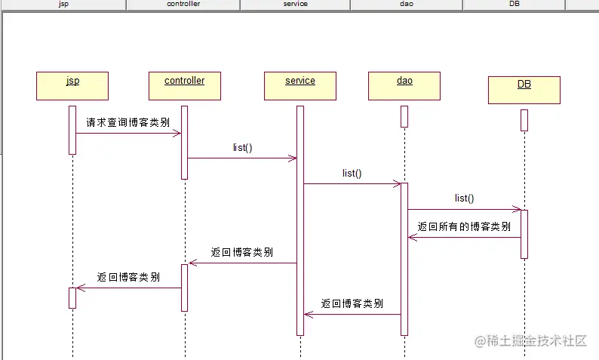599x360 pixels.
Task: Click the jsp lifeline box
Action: [x=72, y=85]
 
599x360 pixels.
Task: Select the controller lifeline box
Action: [x=185, y=85]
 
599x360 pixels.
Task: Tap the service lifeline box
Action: [x=300, y=85]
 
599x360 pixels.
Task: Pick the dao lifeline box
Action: [x=404, y=85]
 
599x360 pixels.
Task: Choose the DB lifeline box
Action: [x=524, y=89]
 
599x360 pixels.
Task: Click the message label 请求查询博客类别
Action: [x=127, y=122]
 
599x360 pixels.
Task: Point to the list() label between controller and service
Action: [x=242, y=148]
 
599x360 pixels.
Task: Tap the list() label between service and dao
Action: [x=352, y=174]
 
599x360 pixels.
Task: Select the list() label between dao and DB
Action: [x=464, y=198]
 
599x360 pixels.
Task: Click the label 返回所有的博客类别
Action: [x=464, y=226]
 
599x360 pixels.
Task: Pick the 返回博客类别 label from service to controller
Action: [x=242, y=252]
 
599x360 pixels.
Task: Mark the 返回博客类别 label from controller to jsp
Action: [x=128, y=277]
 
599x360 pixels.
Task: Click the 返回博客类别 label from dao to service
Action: [x=352, y=303]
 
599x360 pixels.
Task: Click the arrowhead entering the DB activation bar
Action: [x=517, y=209]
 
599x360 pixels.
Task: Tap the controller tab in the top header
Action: [x=183, y=5]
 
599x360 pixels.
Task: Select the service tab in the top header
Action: [x=295, y=5]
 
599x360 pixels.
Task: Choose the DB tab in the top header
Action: [x=515, y=5]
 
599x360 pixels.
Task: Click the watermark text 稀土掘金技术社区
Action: [x=536, y=341]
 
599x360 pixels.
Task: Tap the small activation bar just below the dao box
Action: [x=404, y=116]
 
